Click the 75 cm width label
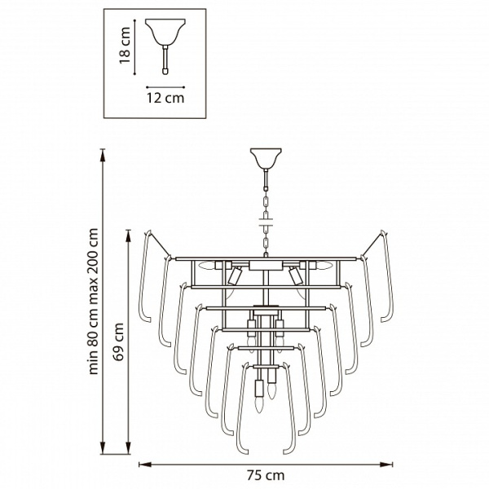click(266, 476)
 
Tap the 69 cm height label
click(119, 341)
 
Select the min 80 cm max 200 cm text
click(93, 301)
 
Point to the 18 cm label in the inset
click(125, 45)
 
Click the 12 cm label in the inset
click(165, 98)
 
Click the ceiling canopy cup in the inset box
click(165, 32)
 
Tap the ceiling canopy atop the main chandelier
click(266, 158)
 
